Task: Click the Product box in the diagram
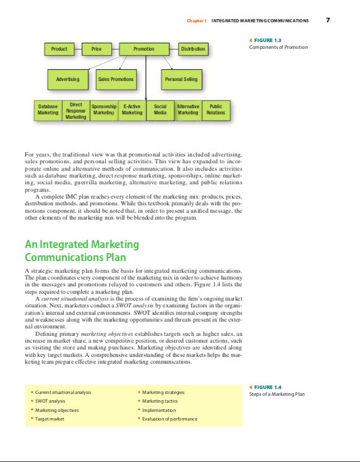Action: pos(59,49)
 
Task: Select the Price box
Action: pos(96,49)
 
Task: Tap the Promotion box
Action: pos(144,49)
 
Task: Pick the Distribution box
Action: pos(193,49)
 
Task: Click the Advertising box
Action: pos(68,80)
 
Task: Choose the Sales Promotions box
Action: pos(116,80)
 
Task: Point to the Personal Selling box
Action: pos(181,80)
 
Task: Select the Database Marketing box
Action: pos(48,111)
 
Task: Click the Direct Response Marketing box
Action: pos(76,111)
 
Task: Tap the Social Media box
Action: pos(160,111)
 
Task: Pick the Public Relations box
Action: pos(216,111)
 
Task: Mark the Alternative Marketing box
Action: pos(188,111)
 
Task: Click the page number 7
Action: pos(328,20)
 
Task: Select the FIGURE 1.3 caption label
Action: pos(268,40)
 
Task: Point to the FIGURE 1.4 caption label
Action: pos(268,387)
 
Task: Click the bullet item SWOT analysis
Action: pos(50,401)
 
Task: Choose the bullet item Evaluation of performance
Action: pos(169,419)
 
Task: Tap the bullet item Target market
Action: pos(49,419)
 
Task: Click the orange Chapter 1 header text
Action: pos(197,20)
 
